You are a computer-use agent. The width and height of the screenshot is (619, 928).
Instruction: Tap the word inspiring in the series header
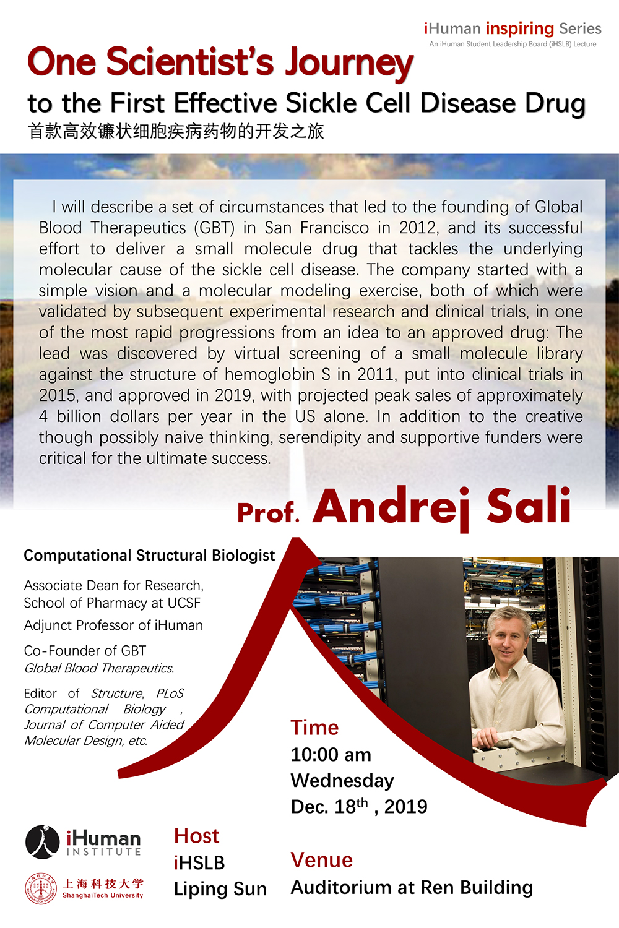pyautogui.click(x=520, y=29)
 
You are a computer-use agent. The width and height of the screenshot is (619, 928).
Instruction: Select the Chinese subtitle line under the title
pyautogui.click(x=176, y=131)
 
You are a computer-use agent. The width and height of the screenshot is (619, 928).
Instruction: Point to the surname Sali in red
pyautogui.click(x=529, y=505)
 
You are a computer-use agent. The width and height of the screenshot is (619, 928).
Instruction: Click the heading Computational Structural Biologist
pyautogui.click(x=149, y=556)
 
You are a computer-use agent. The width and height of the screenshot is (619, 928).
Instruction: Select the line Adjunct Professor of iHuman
pyautogui.click(x=113, y=625)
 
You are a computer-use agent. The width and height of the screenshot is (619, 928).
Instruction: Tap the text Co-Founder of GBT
pyautogui.click(x=85, y=650)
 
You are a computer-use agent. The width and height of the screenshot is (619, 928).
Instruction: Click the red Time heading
pyautogui.click(x=314, y=728)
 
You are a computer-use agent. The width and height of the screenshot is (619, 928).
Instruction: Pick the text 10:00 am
pyautogui.click(x=331, y=755)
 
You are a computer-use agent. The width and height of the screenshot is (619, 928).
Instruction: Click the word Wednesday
pyautogui.click(x=342, y=781)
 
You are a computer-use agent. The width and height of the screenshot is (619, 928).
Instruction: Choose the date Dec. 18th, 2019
pyautogui.click(x=359, y=806)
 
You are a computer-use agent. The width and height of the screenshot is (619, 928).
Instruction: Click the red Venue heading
pyautogui.click(x=322, y=861)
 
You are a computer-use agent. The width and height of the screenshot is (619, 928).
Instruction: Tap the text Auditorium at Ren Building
pyautogui.click(x=412, y=888)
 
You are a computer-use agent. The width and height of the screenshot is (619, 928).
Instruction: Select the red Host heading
pyautogui.click(x=196, y=836)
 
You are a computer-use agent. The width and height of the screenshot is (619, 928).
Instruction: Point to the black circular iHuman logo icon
pyautogui.click(x=42, y=842)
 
